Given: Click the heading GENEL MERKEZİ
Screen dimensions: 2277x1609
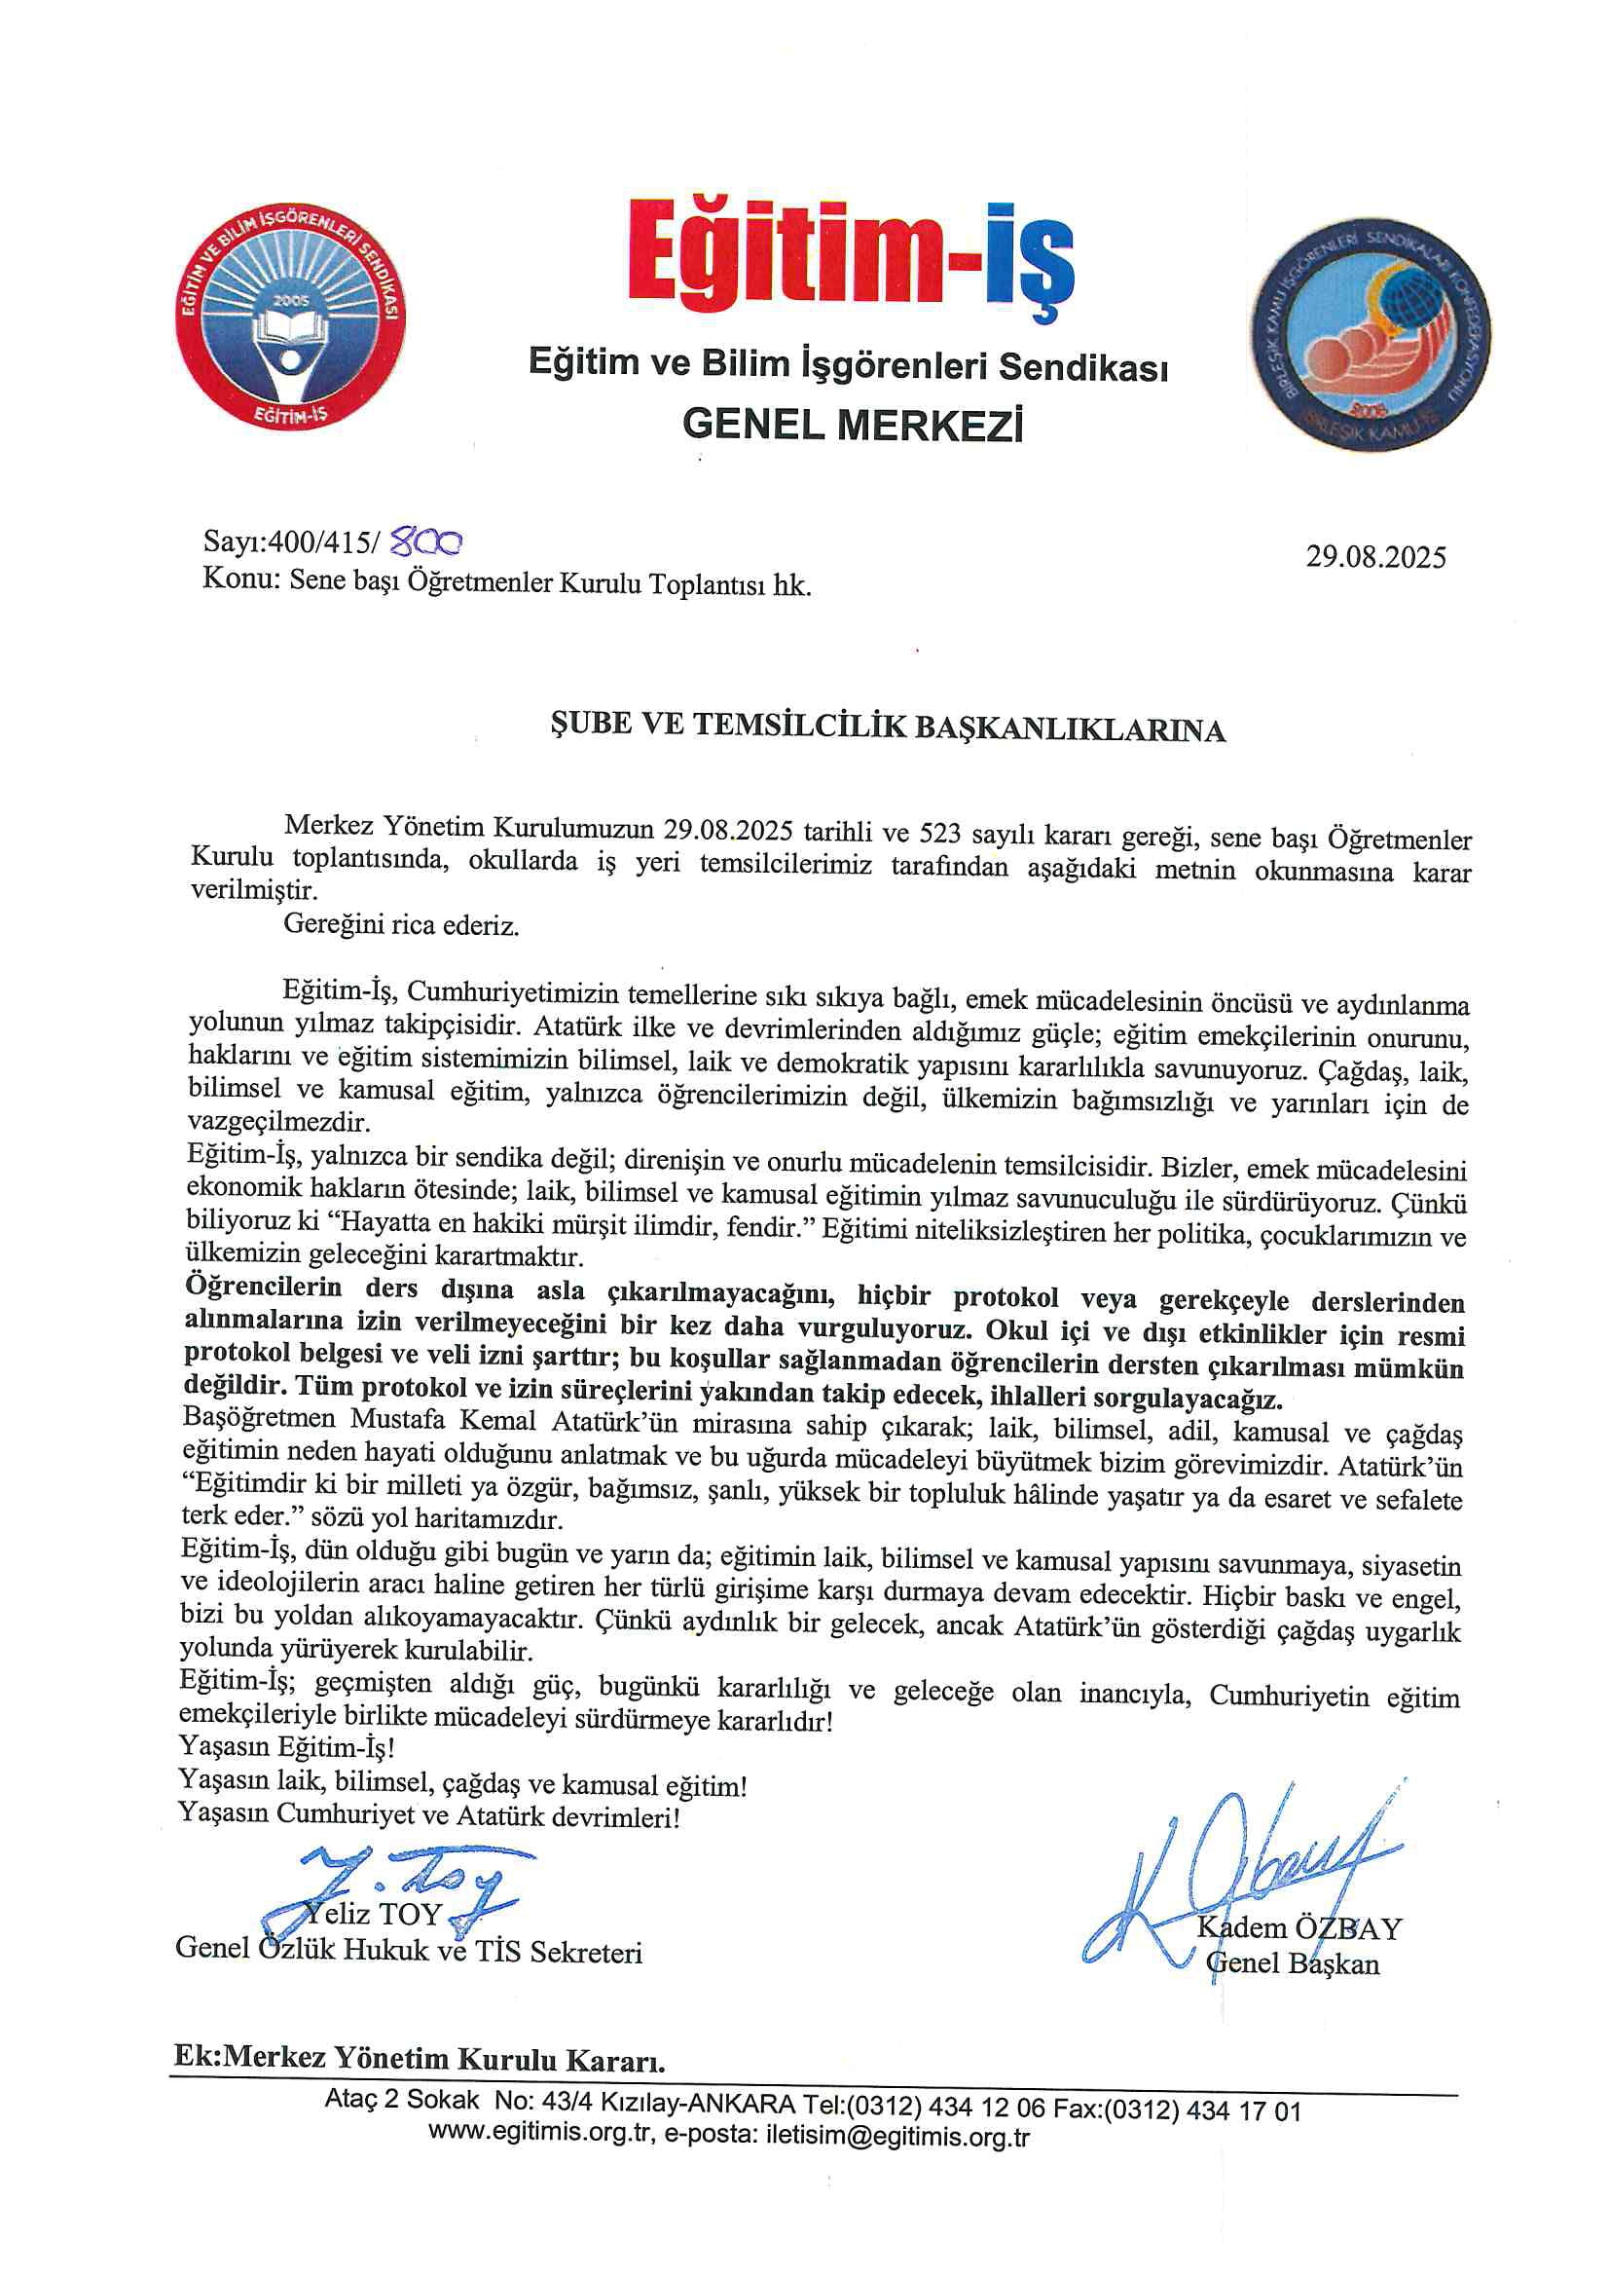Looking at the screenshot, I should pyautogui.click(x=852, y=425).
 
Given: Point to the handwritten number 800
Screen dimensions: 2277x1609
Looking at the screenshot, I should pyautogui.click(x=427, y=541).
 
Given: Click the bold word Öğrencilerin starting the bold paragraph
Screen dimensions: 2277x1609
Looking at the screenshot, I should pyautogui.click(x=264, y=1287).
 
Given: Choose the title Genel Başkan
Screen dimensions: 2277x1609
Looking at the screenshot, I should pyautogui.click(x=1293, y=1962).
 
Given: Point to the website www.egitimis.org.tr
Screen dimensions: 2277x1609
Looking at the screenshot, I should pyautogui.click(x=541, y=2132).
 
